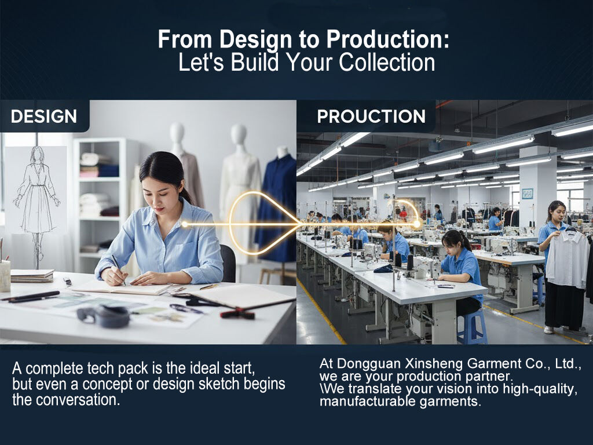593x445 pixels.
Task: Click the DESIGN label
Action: tap(44, 116)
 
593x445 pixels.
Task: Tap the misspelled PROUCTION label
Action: tap(371, 116)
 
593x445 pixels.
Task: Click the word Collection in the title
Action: tap(387, 63)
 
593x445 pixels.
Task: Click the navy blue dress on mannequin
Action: tap(277, 208)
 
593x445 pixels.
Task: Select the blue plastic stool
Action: tap(471, 326)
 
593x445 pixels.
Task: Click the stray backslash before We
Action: tap(322, 388)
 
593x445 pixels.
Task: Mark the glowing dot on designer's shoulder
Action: tap(185, 224)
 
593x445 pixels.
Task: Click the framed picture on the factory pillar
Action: tap(528, 194)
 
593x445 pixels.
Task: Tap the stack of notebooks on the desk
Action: tap(32, 275)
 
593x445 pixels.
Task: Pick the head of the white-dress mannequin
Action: tap(239, 134)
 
